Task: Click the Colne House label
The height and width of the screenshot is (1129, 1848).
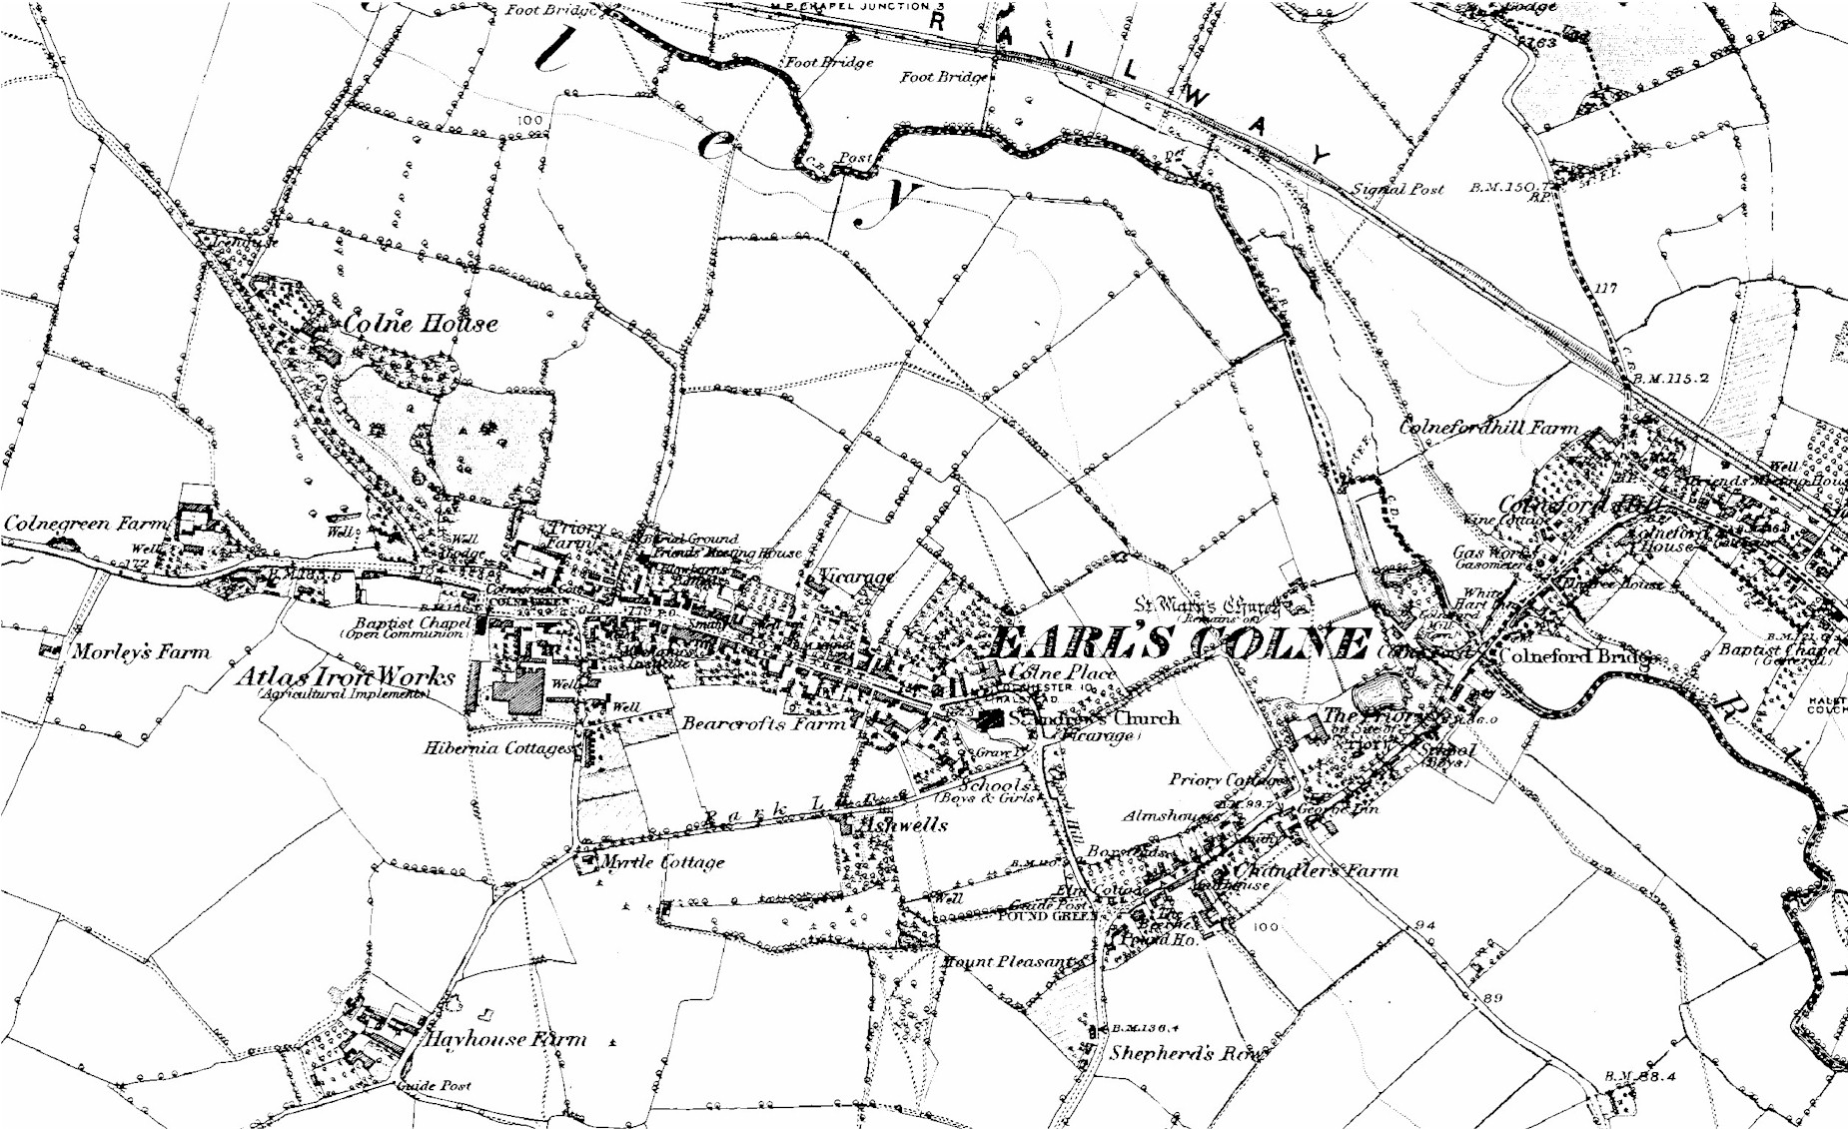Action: (x=420, y=324)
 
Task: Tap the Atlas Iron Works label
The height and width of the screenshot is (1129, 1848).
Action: (x=345, y=676)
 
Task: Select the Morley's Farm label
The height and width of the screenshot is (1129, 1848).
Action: (x=141, y=652)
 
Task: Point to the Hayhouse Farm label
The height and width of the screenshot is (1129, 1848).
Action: (x=505, y=1039)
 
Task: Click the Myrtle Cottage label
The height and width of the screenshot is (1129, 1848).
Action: (x=663, y=861)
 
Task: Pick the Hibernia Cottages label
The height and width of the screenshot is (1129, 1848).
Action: (x=498, y=747)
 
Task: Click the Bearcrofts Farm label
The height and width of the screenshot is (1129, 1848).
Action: (x=763, y=722)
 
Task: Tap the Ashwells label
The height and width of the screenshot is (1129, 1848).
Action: (x=902, y=824)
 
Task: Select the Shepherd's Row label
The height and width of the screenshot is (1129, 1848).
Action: (x=1186, y=1052)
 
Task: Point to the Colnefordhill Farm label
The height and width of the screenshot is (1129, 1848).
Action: (x=1488, y=428)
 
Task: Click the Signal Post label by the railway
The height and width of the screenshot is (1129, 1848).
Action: (x=1397, y=188)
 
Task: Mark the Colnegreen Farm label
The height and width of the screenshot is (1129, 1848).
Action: (x=85, y=524)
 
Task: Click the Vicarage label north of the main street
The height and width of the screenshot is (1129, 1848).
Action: (x=856, y=576)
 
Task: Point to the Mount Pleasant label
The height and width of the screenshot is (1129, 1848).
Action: (x=1009, y=961)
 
